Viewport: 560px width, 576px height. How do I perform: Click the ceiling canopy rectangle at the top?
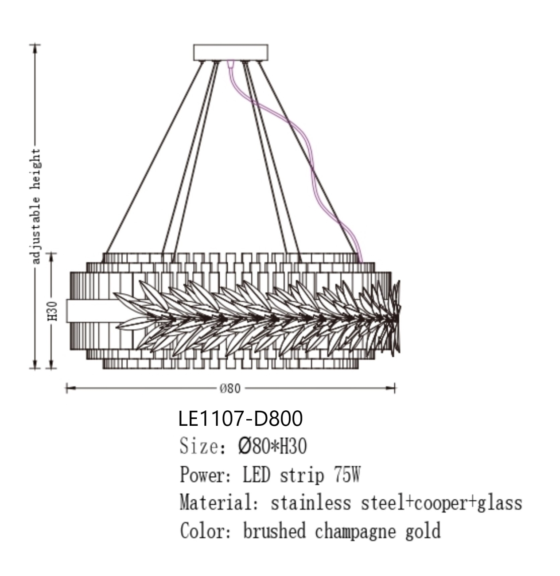230,52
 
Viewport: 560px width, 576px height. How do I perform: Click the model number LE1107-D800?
241,418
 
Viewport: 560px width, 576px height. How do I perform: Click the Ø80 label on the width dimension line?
230,389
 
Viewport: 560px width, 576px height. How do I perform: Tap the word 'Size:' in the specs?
199,446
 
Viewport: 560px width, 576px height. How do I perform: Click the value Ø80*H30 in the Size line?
272,446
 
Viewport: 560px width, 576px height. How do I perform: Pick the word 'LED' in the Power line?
256,475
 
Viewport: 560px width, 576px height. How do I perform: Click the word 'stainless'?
311,503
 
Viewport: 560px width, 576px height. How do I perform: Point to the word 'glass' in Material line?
499,503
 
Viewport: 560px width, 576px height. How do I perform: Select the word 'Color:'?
206,531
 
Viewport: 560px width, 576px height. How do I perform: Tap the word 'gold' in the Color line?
423,531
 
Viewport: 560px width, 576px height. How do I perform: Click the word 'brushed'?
274,531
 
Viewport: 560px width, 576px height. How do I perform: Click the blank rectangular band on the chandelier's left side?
91,311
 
